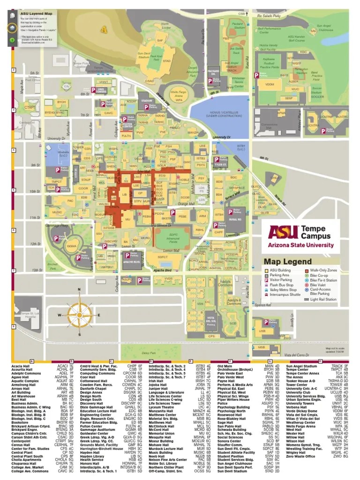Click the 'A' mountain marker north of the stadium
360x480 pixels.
104,30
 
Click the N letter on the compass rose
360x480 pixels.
80,290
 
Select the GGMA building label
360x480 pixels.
72,247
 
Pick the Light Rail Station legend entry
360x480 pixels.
323,299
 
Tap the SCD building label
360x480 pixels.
232,323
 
